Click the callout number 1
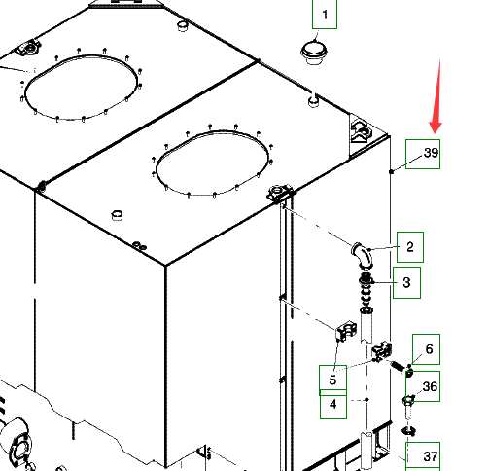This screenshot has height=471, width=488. [x=325, y=15]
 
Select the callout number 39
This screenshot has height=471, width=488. [x=432, y=153]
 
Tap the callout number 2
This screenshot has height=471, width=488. [x=410, y=247]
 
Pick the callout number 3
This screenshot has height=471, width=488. [x=407, y=282]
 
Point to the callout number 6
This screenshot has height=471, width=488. [x=430, y=349]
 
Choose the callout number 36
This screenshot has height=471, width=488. [x=431, y=386]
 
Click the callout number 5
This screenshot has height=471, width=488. [x=332, y=380]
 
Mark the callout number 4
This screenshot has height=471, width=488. [x=333, y=405]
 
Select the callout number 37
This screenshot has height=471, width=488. [x=431, y=456]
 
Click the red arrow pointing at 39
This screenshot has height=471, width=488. [x=436, y=96]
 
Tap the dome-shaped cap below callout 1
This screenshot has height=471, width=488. [x=314, y=53]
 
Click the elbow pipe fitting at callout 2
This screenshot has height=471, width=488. [x=363, y=256]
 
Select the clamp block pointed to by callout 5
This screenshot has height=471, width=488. [x=346, y=331]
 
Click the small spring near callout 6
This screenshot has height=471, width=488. [x=398, y=366]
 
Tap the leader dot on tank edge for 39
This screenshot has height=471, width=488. [x=392, y=171]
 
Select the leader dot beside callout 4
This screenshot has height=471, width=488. [x=366, y=400]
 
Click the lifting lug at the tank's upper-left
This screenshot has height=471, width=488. [x=28, y=48]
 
